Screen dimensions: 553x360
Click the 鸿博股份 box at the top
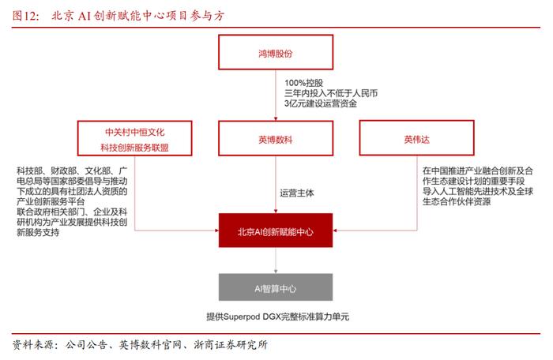[276, 52]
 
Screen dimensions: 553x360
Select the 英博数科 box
[276, 138]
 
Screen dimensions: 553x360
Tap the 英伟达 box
[416, 138]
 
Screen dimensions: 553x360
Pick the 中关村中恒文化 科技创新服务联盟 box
[134, 138]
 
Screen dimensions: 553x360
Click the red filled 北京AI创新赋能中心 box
[276, 231]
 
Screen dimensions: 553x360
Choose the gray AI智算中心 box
[276, 287]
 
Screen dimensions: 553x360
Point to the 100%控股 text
[303, 83]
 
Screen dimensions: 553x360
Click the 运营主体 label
[296, 193]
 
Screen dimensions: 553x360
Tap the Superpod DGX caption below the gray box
[277, 317]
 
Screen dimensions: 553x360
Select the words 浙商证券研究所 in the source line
[231, 344]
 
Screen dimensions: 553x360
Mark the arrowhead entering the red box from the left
[216, 231]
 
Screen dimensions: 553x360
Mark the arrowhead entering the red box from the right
[335, 231]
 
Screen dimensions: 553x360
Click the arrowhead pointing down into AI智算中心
[276, 271]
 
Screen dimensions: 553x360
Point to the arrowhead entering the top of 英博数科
[276, 118]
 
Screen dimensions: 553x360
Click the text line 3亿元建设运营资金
[320, 103]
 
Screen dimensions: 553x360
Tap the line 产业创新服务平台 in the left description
[51, 201]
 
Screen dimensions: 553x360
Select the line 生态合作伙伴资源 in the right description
[457, 201]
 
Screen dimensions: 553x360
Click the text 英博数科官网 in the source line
[149, 344]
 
